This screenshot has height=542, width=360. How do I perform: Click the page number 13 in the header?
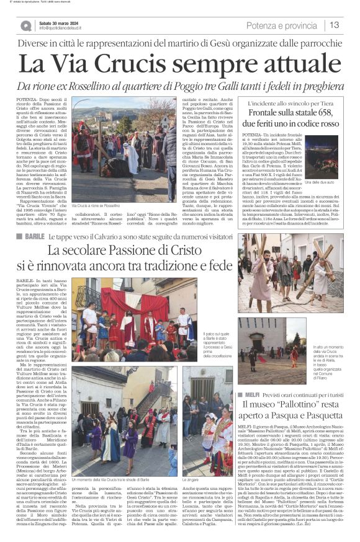click(x=334, y=25)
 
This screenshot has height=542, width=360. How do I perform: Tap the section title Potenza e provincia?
click(x=281, y=25)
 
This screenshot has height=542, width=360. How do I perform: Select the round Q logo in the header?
click(x=25, y=25)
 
